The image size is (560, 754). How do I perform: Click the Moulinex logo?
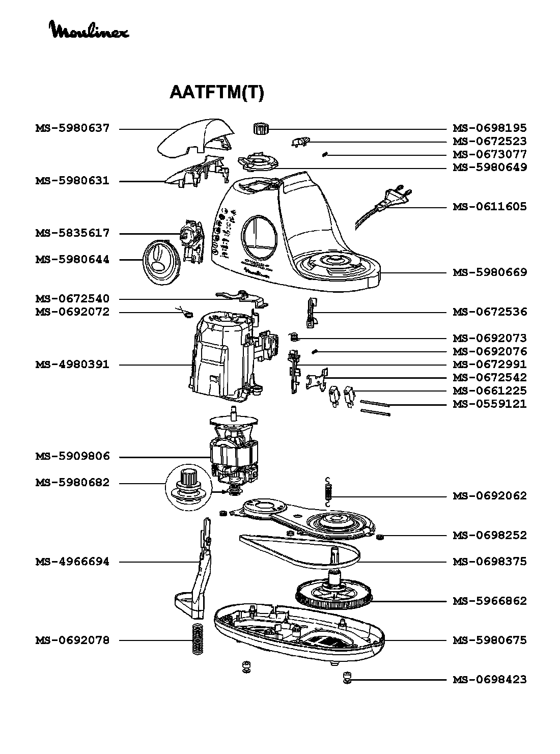click(90, 30)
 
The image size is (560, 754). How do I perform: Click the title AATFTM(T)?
click(216, 92)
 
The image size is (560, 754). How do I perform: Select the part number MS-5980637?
click(72, 128)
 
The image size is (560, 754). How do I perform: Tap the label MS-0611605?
click(490, 206)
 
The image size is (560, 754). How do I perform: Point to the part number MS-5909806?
click(72, 456)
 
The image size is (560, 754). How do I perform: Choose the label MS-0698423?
click(490, 680)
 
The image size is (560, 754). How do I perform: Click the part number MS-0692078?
click(72, 640)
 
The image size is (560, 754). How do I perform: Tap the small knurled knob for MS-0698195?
click(261, 129)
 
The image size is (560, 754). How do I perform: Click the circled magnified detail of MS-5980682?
click(188, 488)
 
